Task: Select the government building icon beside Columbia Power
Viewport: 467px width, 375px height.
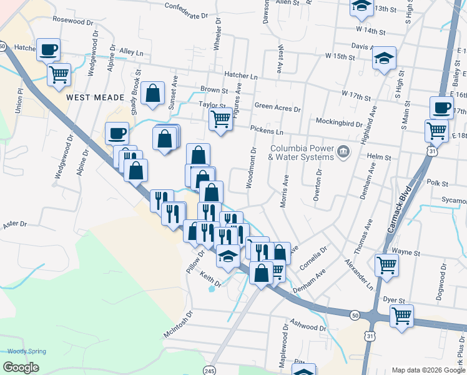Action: point(343,151)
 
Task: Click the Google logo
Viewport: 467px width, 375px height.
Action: point(22,367)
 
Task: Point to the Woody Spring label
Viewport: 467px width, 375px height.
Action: point(26,351)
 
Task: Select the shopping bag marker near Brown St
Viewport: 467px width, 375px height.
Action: point(153,93)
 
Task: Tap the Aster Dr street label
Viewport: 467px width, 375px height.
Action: point(15,224)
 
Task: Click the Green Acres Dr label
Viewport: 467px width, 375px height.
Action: point(277,108)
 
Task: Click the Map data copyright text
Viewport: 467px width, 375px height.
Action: point(428,370)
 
